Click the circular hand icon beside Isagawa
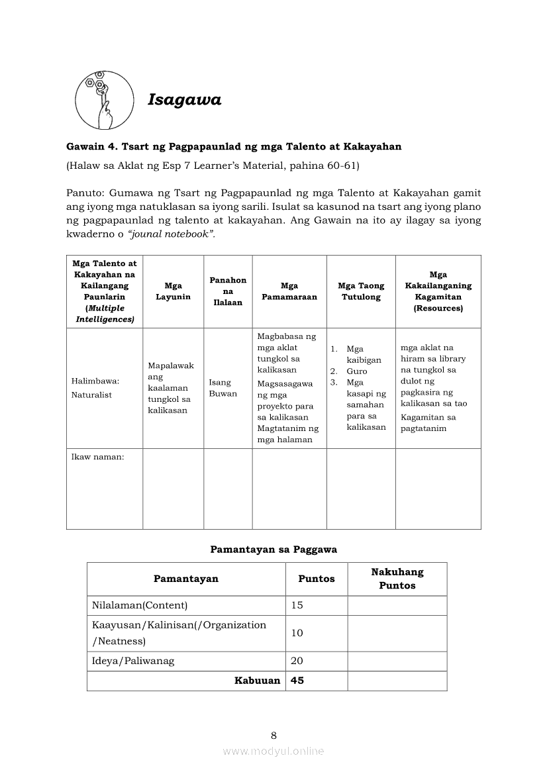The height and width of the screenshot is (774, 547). pyautogui.click(x=104, y=99)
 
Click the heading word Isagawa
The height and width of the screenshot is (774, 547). pyautogui.click(x=184, y=100)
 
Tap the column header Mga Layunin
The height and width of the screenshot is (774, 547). pyautogui.click(x=173, y=291)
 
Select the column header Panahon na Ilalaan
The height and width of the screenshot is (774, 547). pyautogui.click(x=228, y=291)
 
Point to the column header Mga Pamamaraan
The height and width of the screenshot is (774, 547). pyautogui.click(x=289, y=291)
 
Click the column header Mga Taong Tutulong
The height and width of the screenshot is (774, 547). pyautogui.click(x=361, y=291)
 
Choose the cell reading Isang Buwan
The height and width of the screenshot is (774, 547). pyautogui.click(x=220, y=388)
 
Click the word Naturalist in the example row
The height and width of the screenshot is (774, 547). pyautogui.click(x=91, y=395)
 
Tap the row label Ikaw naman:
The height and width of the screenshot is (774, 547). pyautogui.click(x=97, y=456)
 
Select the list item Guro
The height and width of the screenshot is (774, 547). pyautogui.click(x=356, y=371)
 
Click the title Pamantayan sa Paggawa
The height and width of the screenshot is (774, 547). pyautogui.click(x=273, y=549)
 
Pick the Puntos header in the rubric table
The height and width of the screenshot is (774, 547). pyautogui.click(x=317, y=579)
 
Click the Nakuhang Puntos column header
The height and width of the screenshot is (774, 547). pyautogui.click(x=397, y=579)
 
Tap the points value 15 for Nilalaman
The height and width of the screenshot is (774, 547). pyautogui.click(x=297, y=605)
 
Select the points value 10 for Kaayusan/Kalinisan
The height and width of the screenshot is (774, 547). pyautogui.click(x=297, y=633)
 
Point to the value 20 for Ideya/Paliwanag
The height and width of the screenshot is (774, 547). pyautogui.click(x=297, y=661)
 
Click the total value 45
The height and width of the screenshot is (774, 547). pyautogui.click(x=297, y=681)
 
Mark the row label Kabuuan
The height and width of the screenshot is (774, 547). pyautogui.click(x=257, y=681)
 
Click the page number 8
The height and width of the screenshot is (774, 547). pyautogui.click(x=273, y=735)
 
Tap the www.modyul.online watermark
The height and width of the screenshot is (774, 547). pyautogui.click(x=273, y=751)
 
